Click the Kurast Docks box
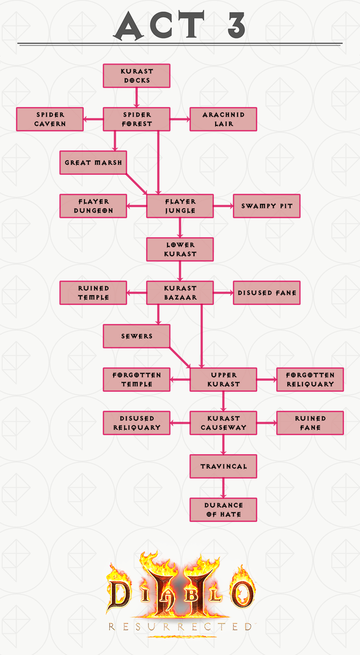(x=137, y=76)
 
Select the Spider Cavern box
(x=50, y=119)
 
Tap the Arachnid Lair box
(x=223, y=119)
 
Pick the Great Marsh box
(x=93, y=162)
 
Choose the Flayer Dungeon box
(x=93, y=206)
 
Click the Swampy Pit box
(x=266, y=206)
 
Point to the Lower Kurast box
(x=180, y=249)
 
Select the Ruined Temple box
(x=93, y=292)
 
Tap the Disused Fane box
(x=266, y=292)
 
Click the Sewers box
(x=137, y=336)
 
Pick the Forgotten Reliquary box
(x=310, y=379)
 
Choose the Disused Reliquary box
(x=137, y=423)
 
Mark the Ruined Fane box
(x=310, y=423)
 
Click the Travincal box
(x=223, y=466)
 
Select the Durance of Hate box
(x=223, y=509)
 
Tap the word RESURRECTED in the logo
(x=180, y=626)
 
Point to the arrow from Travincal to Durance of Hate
(x=223, y=488)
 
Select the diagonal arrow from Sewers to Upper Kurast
(x=180, y=357)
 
